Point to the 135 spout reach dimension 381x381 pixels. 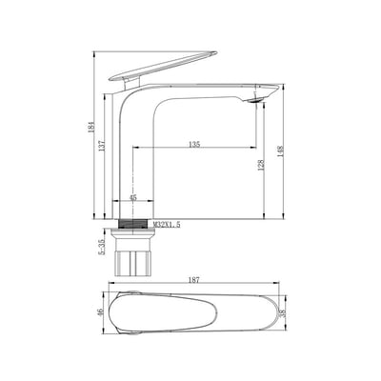193,145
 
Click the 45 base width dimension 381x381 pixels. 133,198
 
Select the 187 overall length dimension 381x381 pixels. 196,279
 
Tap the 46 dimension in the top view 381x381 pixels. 96,311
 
